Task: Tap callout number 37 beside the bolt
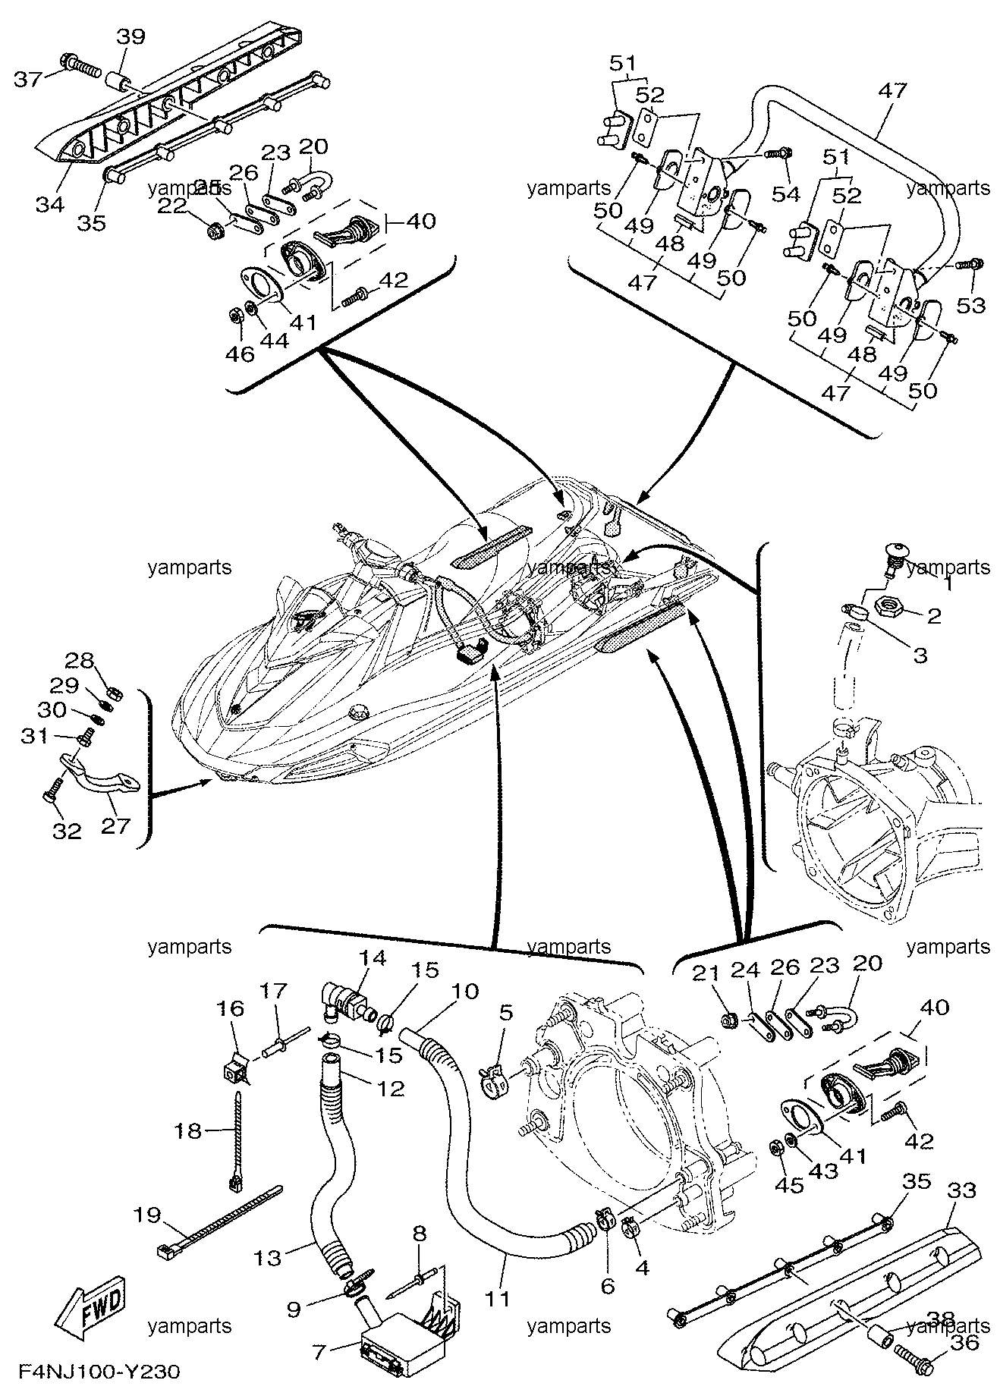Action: point(29,78)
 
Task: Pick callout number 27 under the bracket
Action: point(115,825)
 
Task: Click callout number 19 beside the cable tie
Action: point(147,1237)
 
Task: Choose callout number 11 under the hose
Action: point(498,1297)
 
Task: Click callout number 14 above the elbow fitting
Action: point(373,957)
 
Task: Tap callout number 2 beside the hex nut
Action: point(933,615)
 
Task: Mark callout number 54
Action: point(786,194)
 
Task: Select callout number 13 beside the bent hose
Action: point(268,1257)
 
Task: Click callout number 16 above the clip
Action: point(232,1008)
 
